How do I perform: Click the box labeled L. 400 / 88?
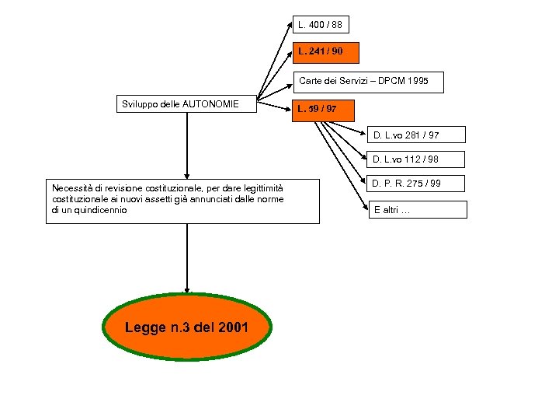pyautogui.click(x=320, y=25)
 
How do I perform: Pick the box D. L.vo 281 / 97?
pyautogui.click(x=415, y=135)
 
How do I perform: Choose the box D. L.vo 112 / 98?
pyautogui.click(x=415, y=160)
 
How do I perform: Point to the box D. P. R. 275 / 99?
pyautogui.click(x=415, y=184)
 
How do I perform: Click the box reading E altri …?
pyautogui.click(x=418, y=210)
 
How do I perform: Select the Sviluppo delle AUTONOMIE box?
pyautogui.click(x=187, y=104)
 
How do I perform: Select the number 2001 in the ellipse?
pyautogui.click(x=233, y=328)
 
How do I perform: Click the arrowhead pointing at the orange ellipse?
pyautogui.click(x=187, y=290)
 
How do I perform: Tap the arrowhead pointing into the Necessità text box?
pyautogui.click(x=187, y=177)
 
